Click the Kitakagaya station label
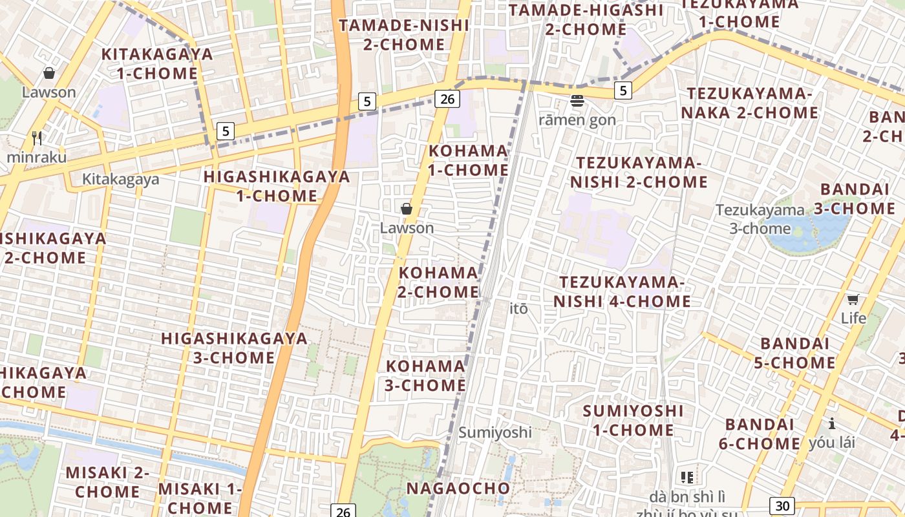120,179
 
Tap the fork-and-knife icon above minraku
37,138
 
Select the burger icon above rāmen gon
577,101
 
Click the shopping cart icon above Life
853,299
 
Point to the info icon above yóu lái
831,423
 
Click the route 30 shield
782,506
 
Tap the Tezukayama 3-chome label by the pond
760,219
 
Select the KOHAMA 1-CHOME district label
469,160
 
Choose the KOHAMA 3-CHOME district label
425,375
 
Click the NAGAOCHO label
458,488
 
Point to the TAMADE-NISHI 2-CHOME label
404,35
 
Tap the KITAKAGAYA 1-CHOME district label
157,63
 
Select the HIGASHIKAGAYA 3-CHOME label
234,348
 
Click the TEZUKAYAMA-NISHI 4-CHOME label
622,291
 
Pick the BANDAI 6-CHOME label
760,434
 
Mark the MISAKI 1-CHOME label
199,498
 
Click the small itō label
519,309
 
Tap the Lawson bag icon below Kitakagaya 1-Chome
48,73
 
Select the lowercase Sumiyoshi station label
495,432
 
